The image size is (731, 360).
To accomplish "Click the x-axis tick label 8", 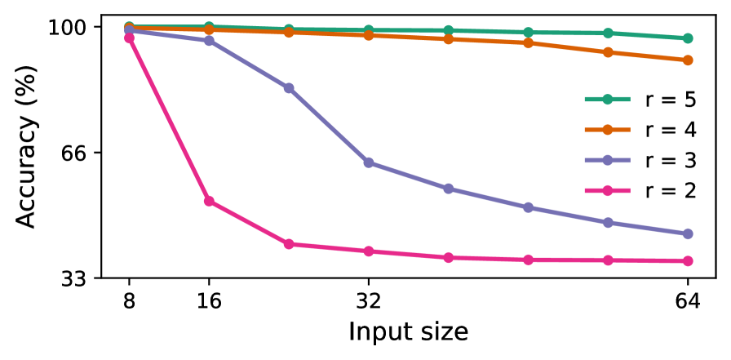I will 129,301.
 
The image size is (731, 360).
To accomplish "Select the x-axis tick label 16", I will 209,301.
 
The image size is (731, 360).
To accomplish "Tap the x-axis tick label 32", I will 369,301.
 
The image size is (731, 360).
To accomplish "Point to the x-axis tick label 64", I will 688,301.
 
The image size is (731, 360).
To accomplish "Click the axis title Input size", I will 408,332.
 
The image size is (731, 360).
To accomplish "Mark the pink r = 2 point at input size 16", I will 209,201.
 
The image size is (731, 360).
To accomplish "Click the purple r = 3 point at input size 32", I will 369,162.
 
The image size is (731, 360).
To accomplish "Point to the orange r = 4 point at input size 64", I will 688,60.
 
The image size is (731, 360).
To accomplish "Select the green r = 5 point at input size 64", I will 688,38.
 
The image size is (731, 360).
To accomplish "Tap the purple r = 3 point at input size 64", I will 688,233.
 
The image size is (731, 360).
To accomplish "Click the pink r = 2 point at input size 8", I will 129,38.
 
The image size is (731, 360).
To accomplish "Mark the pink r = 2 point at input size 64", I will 688,261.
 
